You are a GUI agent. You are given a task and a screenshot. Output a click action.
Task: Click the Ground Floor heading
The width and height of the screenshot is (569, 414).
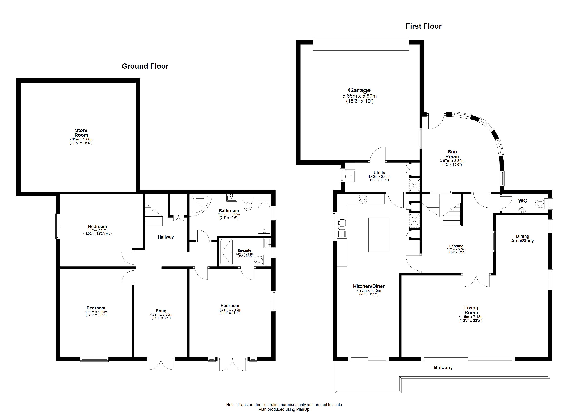145,66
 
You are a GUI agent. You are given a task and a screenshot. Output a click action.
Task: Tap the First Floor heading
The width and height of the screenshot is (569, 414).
423,26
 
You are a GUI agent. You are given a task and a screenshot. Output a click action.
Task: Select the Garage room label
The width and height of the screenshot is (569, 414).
359,90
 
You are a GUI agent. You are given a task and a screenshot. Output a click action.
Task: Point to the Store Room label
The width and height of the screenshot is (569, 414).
81,132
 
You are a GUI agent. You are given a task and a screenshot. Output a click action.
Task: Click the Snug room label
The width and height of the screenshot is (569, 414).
161,311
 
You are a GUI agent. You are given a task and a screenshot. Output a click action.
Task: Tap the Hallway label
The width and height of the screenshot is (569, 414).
166,237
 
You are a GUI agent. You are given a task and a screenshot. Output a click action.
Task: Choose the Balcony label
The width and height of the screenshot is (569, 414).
443,368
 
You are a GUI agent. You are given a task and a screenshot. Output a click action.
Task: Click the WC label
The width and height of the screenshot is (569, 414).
523,201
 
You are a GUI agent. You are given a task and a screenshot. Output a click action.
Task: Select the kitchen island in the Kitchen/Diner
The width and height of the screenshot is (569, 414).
379,234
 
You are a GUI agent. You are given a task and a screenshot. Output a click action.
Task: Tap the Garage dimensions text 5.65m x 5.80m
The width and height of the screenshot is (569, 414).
359,96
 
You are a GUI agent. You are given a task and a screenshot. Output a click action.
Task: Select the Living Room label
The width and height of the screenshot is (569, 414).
471,310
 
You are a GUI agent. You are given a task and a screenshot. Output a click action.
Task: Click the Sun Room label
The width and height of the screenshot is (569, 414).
452,154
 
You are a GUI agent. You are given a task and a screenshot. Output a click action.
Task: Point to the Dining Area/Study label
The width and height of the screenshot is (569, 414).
523,239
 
